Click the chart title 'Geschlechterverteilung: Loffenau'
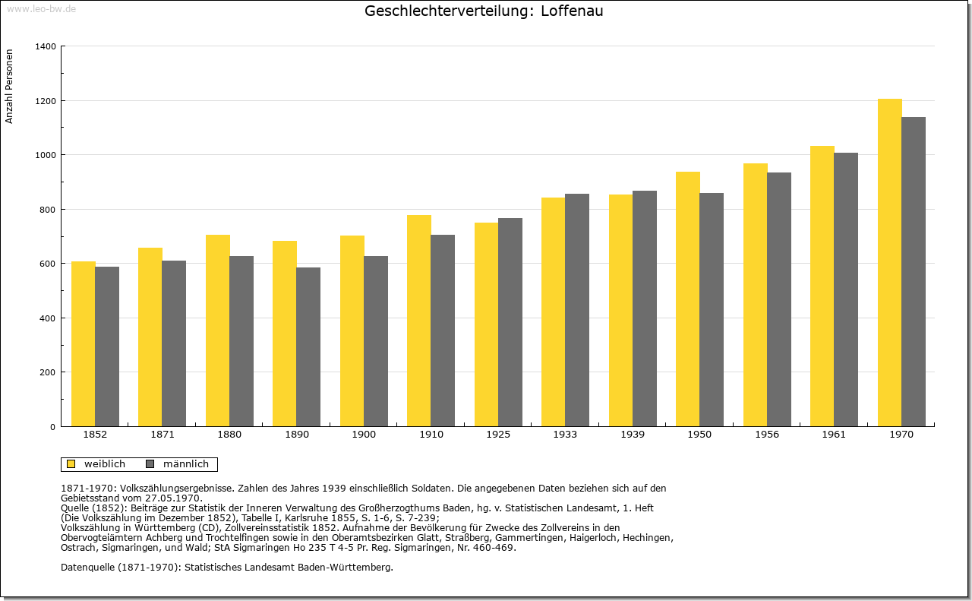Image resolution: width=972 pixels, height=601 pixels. (x=484, y=11)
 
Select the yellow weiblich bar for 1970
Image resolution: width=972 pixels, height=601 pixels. (x=889, y=262)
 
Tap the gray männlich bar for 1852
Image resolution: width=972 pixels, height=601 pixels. (x=107, y=346)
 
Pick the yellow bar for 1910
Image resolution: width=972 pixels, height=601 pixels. (x=418, y=321)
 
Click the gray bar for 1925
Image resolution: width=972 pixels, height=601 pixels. (x=510, y=322)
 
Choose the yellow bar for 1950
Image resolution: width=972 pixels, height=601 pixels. (x=687, y=299)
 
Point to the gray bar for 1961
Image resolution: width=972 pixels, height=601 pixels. (x=845, y=289)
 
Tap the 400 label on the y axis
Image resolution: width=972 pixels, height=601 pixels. (x=48, y=318)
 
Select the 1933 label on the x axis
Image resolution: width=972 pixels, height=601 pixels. (x=565, y=435)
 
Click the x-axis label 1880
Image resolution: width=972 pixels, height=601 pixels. (x=229, y=435)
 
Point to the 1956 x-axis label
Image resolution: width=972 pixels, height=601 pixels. (x=767, y=435)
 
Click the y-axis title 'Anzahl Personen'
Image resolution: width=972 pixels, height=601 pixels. (x=10, y=86)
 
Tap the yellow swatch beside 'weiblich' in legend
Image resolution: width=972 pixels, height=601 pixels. (x=71, y=464)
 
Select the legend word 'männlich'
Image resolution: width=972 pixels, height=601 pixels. (x=186, y=464)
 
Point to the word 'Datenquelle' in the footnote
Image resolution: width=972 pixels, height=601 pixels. (x=87, y=567)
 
